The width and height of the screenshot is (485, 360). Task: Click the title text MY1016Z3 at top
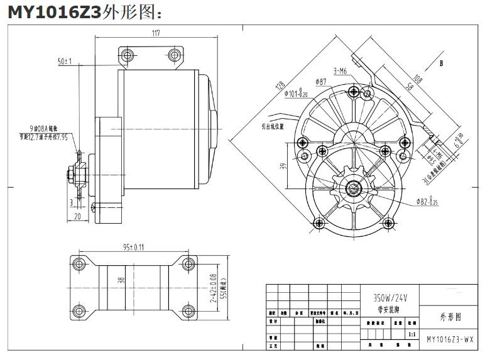(x=53, y=12)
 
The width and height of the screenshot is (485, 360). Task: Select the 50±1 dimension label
(x=65, y=62)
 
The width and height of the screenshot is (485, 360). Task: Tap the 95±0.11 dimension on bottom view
(x=133, y=246)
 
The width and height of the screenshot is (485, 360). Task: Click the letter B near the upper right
(x=442, y=63)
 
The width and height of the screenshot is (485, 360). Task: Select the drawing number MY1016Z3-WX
(x=450, y=339)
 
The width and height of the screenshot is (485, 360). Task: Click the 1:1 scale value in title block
(x=411, y=335)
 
